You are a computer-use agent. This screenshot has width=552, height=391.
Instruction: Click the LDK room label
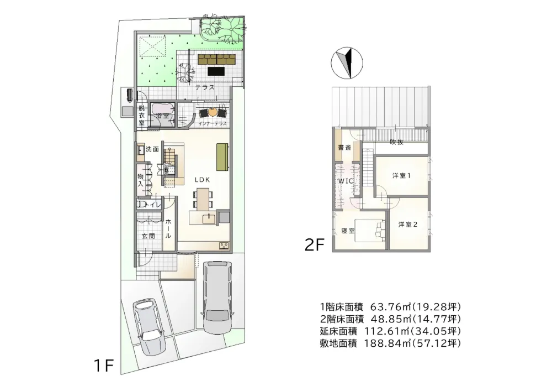tap(203, 180)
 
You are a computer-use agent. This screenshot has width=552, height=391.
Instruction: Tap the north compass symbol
tap(347, 62)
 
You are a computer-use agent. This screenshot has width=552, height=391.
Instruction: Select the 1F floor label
tap(103, 366)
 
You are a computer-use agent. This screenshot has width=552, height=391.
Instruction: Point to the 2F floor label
tap(314, 245)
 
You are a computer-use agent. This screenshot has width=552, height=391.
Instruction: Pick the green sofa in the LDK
tap(222, 157)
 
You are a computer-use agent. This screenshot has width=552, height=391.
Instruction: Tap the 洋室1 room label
tap(401, 175)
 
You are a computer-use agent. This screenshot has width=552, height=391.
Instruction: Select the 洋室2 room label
tap(408, 224)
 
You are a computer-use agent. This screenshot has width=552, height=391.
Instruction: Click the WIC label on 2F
tap(346, 181)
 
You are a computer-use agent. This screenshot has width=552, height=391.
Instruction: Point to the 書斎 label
tap(344, 147)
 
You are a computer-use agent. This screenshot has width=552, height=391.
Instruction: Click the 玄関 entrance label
tap(148, 236)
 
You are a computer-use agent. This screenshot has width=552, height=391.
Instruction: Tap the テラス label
tap(205, 87)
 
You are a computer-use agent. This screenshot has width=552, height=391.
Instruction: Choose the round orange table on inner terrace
tap(213, 112)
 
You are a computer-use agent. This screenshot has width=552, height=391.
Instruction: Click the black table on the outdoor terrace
tap(216, 71)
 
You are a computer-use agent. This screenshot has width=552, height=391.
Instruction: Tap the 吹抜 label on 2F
tap(397, 142)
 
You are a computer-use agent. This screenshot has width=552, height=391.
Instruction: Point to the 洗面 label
tap(152, 149)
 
